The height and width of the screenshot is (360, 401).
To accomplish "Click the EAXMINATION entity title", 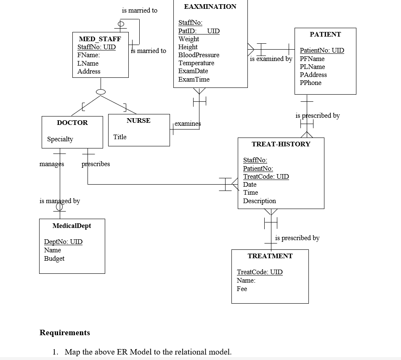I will coord(210,6).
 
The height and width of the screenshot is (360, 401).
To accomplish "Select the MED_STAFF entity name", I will coord(100,39).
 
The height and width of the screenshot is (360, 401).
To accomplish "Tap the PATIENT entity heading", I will coord(325,34).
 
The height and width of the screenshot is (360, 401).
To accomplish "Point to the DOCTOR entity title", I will coord(72,123).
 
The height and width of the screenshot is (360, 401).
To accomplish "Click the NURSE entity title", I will coord(138,121).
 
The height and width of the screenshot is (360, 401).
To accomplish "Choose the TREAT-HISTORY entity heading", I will coord(281,144).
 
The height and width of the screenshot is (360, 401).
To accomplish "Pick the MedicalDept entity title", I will coord(72,226).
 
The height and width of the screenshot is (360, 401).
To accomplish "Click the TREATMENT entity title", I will coord(270,256).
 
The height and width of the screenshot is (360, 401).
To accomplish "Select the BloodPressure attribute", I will coord(199,55).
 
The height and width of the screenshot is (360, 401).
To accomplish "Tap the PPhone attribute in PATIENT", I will coord(311,83).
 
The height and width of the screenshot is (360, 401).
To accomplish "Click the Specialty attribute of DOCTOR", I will coord(60,139).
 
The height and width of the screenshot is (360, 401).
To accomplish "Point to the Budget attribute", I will coord(54,259).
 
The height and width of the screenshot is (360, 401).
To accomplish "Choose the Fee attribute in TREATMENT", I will coord(242,289).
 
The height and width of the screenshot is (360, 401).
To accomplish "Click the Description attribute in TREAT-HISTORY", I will coord(259,201).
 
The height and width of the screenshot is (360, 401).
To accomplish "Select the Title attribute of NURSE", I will coord(120,137).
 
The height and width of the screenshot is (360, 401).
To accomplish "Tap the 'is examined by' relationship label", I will coord(271,59).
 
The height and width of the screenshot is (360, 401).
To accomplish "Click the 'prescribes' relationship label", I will coord(96,164).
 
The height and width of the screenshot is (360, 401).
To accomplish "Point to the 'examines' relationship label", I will coord(188,124).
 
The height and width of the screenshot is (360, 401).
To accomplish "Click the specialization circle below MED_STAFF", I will coord(100,91).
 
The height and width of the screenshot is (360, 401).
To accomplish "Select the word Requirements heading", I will coord(65,333).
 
